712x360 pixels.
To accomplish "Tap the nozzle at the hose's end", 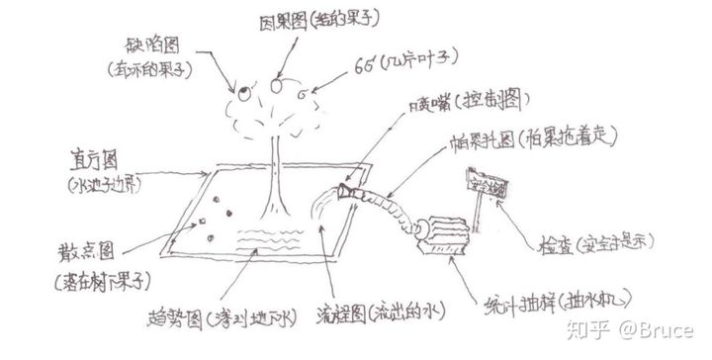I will tap(348, 188).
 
